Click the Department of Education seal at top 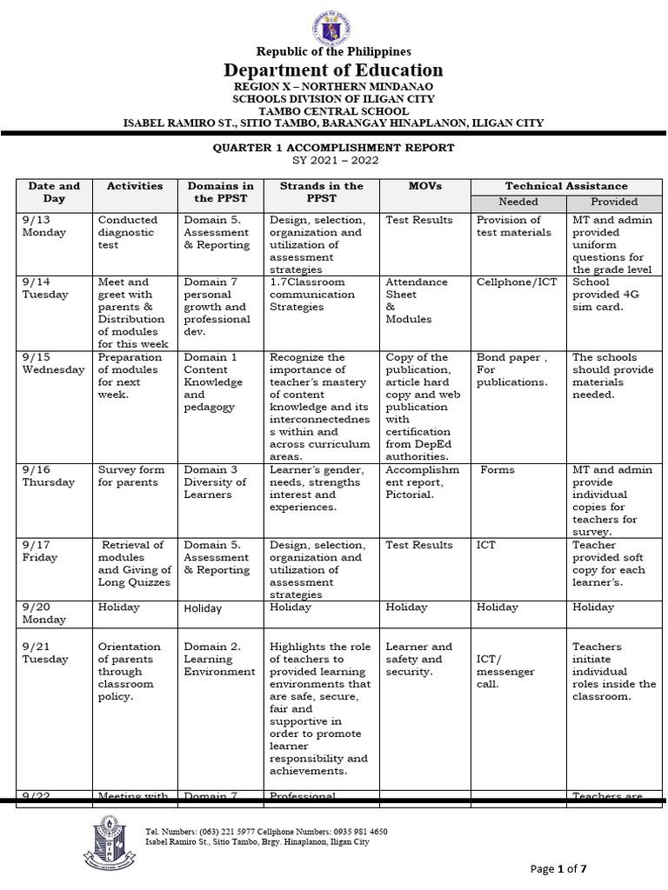[333, 23]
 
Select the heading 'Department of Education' [333, 70]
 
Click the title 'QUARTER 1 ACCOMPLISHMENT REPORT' [334, 148]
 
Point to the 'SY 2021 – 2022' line [334, 161]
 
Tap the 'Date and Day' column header [54, 192]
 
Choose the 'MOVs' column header [425, 186]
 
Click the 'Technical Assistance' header [566, 186]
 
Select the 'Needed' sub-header [518, 202]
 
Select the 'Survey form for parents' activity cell [128, 476]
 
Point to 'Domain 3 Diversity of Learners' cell [209, 482]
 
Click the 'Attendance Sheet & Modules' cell [416, 301]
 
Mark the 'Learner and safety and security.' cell [418, 659]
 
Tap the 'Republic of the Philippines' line [333, 52]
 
